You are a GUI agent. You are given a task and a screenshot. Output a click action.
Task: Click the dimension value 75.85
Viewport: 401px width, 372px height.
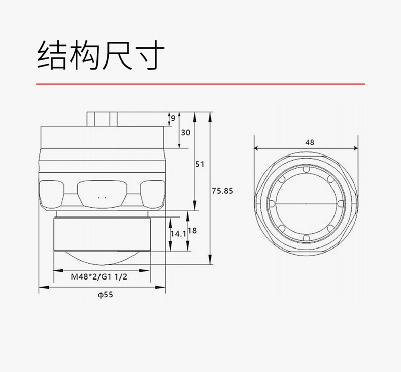[x=222, y=191]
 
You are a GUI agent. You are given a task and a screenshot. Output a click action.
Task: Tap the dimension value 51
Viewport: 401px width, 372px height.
[x=199, y=164]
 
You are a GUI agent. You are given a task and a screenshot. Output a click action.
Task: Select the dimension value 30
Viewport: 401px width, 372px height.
[x=185, y=132]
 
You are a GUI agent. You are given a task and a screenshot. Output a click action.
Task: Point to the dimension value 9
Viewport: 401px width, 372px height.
[x=173, y=118]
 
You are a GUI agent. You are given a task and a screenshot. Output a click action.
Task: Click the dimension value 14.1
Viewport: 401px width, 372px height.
[x=178, y=234]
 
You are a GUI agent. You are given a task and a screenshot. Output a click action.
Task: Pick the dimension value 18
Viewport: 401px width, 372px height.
[x=192, y=231]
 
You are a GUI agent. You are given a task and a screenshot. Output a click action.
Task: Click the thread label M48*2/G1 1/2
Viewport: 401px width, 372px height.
[x=99, y=277]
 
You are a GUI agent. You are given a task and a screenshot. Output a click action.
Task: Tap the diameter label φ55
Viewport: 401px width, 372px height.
[x=106, y=295]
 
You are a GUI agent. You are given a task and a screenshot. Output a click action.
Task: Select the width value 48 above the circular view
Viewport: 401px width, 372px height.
[x=310, y=142]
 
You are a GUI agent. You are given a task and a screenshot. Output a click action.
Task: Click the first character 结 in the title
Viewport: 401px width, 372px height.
[x=52, y=55]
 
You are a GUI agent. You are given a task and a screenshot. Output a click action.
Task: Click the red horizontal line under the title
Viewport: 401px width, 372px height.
[x=200, y=84]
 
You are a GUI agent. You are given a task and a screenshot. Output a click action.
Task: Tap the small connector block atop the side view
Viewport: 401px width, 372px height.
[x=102, y=119]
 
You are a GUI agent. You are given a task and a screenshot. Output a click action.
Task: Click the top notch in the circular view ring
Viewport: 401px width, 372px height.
[x=306, y=170]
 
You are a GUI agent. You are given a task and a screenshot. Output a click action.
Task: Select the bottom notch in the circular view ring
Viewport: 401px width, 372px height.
[x=306, y=238]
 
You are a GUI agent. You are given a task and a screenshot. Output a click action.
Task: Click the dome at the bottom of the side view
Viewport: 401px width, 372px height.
[x=102, y=258]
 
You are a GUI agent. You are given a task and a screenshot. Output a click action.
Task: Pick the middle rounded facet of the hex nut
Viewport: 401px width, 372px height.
[x=102, y=194]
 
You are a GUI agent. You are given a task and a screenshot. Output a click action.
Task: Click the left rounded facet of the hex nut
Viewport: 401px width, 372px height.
[x=51, y=194]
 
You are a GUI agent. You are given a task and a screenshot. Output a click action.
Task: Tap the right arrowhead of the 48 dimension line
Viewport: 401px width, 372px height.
[x=355, y=148]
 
